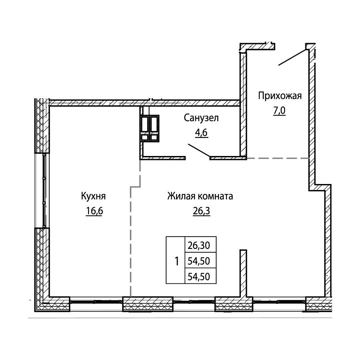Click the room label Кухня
coord(93,197)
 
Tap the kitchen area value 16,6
coord(94,211)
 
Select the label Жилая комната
coord(200,196)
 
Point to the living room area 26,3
coord(201,211)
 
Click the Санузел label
coord(201,118)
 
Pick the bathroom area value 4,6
coord(202,133)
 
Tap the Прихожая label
coord(280,96)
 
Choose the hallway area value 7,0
coord(279,111)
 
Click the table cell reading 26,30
coord(199,246)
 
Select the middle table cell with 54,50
coord(199,261)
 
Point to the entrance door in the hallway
coord(293,57)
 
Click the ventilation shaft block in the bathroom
coord(150,128)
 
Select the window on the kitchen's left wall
coord(44,190)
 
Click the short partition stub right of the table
coord(243,273)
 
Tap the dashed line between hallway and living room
coord(278,158)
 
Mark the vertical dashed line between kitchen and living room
coord(131,241)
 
